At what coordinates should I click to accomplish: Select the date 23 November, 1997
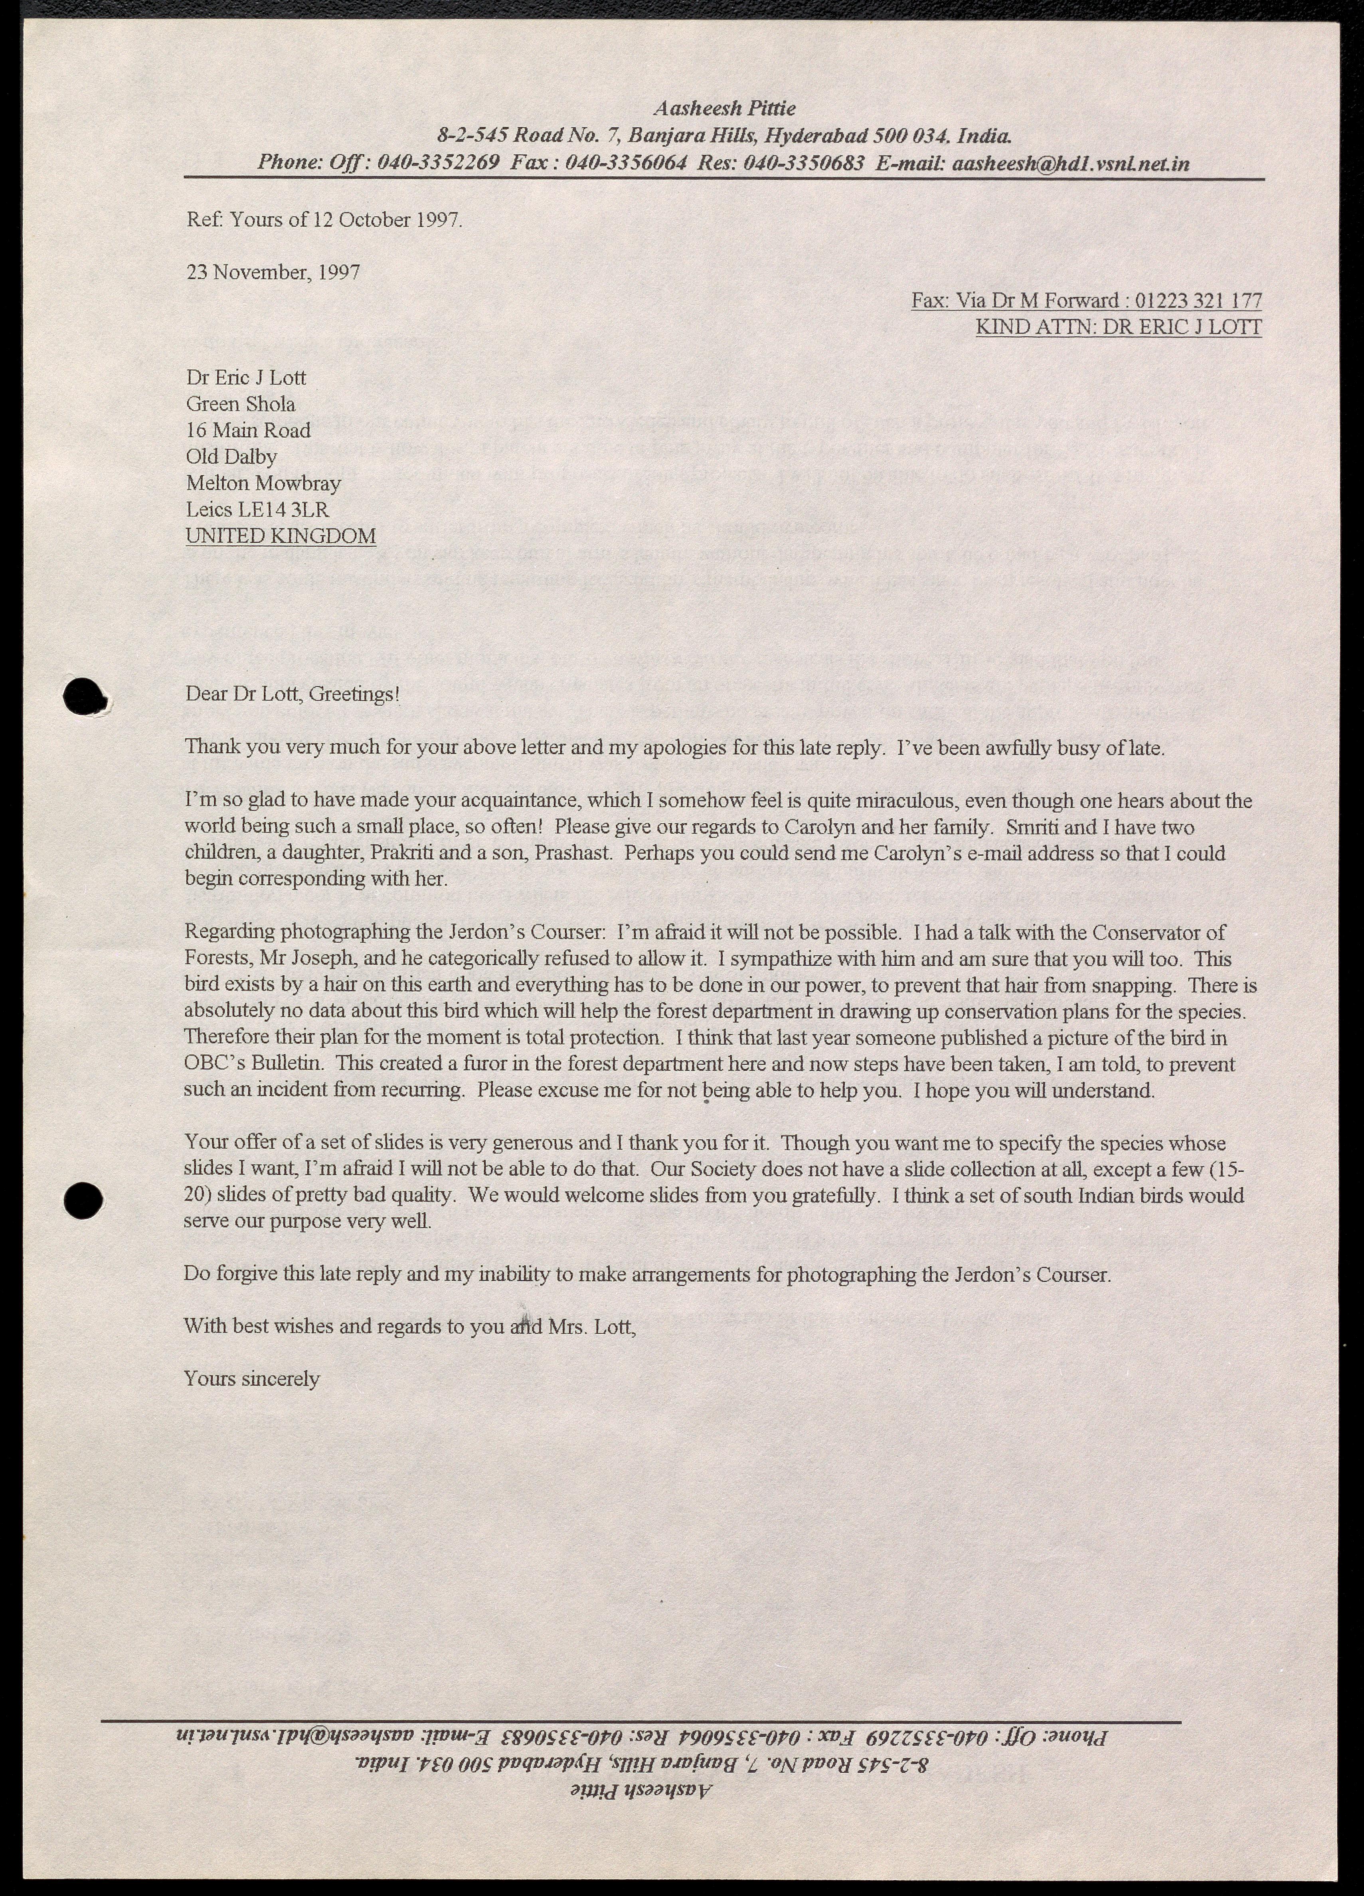pos(273,272)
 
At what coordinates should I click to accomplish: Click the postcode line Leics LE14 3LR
pos(257,509)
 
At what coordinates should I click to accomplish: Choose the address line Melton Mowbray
pos(263,483)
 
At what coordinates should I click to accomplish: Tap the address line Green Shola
pos(241,404)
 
